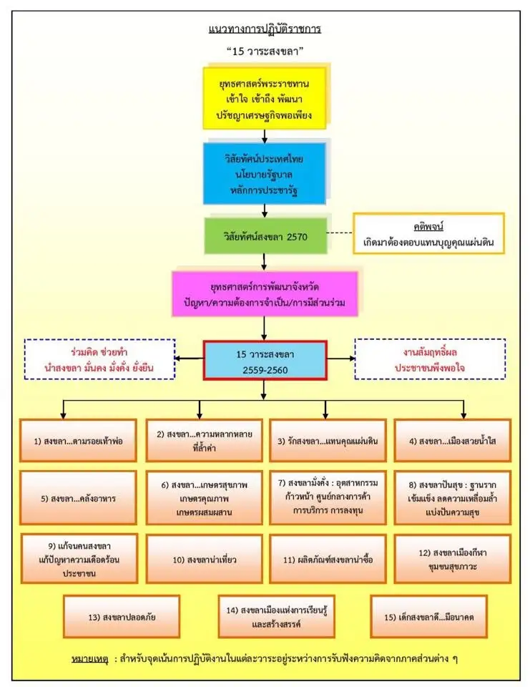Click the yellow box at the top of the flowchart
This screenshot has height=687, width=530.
(265, 97)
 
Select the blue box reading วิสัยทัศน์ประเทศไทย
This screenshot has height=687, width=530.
(265, 172)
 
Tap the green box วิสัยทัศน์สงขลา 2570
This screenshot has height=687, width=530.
(265, 235)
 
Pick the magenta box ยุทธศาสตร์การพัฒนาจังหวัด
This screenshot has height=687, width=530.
(265, 294)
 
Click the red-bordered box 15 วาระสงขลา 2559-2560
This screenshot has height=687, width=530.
(265, 360)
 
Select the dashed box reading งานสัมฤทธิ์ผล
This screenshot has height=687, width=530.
(430, 359)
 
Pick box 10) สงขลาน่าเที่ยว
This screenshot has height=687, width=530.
(202, 559)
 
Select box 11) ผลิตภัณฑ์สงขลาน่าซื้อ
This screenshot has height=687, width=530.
(328, 559)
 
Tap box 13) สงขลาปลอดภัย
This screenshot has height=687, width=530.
(120, 616)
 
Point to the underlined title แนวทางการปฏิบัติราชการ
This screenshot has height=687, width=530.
(264, 29)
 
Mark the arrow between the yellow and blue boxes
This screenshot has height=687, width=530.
(265, 135)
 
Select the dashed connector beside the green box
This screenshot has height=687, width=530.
(339, 234)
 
